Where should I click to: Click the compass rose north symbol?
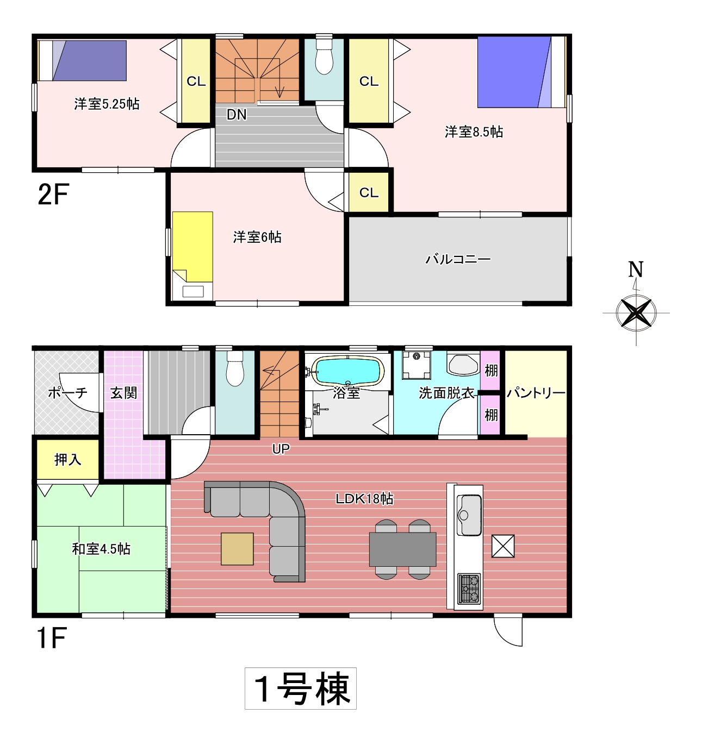636,312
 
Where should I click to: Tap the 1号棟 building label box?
301,688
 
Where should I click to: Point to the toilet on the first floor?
235,368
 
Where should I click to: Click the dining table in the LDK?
402,549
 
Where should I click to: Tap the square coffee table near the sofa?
237,549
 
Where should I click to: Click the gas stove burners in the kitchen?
469,588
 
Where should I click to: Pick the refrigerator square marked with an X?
503,546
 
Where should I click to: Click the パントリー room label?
536,393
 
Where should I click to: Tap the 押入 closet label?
68,459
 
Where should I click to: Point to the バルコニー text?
458,259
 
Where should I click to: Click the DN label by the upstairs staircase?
236,115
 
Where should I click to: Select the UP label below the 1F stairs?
281,448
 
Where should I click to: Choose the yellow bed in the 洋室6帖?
192,247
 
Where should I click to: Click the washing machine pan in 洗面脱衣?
417,365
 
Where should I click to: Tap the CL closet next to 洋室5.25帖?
196,80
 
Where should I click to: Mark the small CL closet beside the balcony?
369,192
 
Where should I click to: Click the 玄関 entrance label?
123,393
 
